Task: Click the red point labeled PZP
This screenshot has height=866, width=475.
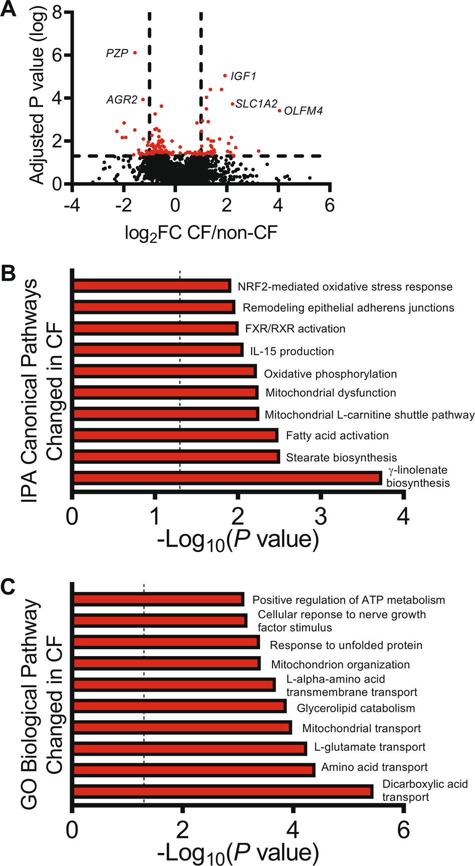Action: pyautogui.click(x=135, y=52)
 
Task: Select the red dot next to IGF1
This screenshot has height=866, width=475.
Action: pyautogui.click(x=224, y=76)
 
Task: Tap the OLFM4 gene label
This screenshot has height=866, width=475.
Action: pyautogui.click(x=303, y=111)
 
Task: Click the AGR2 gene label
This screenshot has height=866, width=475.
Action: pyautogui.click(x=122, y=100)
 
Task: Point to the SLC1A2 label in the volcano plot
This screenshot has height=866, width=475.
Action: pyautogui.click(x=256, y=104)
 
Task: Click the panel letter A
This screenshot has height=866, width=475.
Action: pyautogui.click(x=9, y=10)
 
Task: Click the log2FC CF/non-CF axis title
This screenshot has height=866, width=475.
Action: pyautogui.click(x=201, y=232)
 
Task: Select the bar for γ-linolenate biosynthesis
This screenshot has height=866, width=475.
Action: pyautogui.click(x=227, y=478)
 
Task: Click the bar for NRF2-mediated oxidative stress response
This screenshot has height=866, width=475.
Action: pyautogui.click(x=152, y=286)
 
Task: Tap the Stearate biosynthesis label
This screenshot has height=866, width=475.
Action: pyautogui.click(x=341, y=457)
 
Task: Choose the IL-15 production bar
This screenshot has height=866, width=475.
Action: pyautogui.click(x=158, y=350)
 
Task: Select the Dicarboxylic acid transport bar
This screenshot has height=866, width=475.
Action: pyautogui.click(x=223, y=791)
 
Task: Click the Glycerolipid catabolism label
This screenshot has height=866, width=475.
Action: pyautogui.click(x=356, y=708)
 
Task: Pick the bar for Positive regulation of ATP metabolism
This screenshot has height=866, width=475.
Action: pyautogui.click(x=159, y=599)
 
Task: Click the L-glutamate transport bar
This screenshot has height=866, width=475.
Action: pyautogui.click(x=189, y=749)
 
